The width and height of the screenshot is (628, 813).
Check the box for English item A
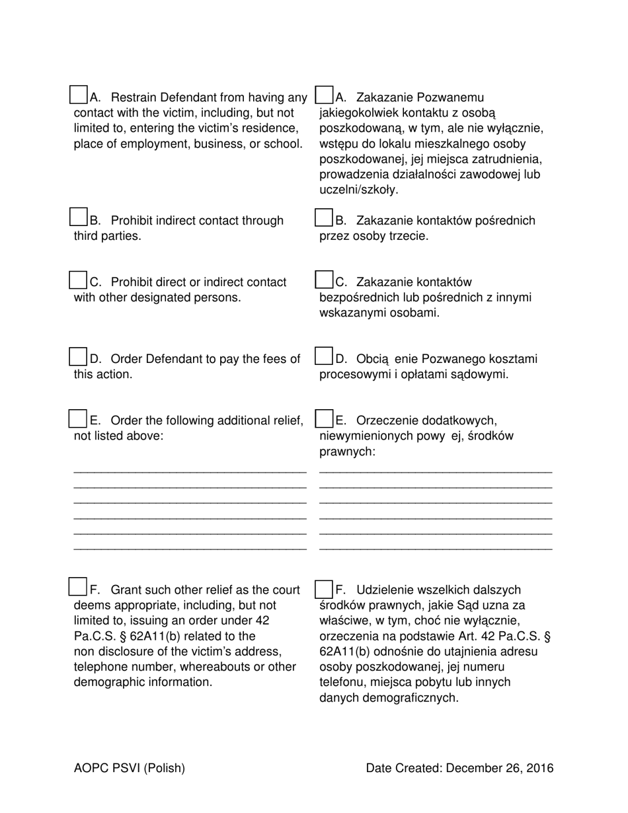click(79, 95)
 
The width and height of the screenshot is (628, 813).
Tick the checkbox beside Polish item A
click(324, 95)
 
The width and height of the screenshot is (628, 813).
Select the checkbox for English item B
click(79, 217)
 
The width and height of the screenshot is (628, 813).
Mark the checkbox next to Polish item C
click(324, 280)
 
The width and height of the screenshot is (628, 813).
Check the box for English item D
click(79, 356)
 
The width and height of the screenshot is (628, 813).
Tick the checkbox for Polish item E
click(324, 418)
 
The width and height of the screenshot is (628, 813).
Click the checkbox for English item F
click(79, 586)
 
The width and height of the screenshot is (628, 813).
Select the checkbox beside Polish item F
click(324, 588)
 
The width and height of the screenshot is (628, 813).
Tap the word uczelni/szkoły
click(359, 190)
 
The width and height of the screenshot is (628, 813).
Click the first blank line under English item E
click(190, 471)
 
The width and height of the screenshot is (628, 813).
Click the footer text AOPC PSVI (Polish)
click(130, 768)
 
